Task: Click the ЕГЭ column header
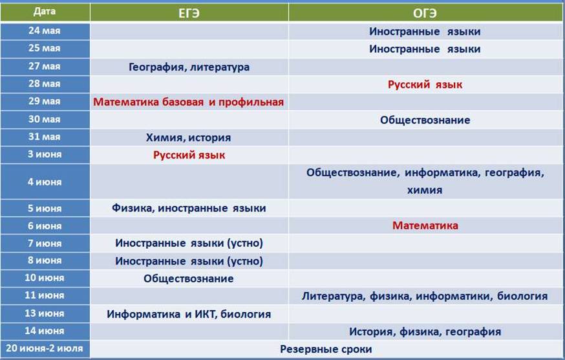(x=189, y=14)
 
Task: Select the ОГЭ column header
(x=425, y=14)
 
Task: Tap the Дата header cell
(x=45, y=12)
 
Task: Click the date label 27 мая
(x=45, y=67)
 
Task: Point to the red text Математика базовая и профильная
(x=189, y=102)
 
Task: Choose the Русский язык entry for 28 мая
(x=425, y=85)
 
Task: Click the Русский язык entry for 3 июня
(x=189, y=155)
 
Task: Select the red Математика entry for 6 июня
(x=425, y=226)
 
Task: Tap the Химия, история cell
(x=189, y=137)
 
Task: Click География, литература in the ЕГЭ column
(x=189, y=67)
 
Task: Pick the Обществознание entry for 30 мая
(x=425, y=120)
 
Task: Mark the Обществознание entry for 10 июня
(x=189, y=279)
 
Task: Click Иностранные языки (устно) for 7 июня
(x=189, y=243)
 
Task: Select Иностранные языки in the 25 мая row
(x=425, y=49)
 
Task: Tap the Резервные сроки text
(x=326, y=349)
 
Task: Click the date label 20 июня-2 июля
(x=45, y=348)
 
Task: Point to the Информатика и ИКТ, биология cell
(x=189, y=314)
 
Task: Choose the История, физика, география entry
(x=425, y=332)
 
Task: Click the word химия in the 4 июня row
(x=425, y=190)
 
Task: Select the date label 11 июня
(x=45, y=295)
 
